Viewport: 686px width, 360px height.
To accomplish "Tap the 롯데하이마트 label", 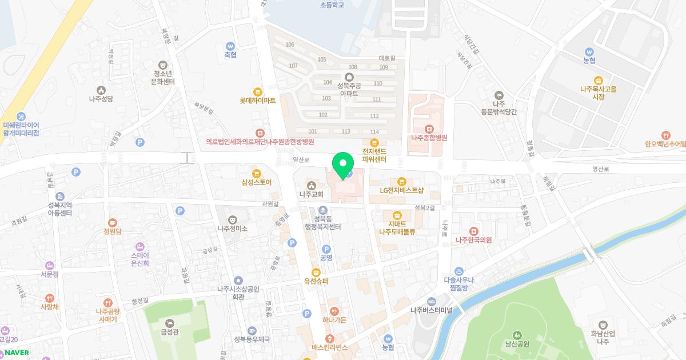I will (257, 100).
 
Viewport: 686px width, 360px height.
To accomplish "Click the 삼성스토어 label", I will (257, 182).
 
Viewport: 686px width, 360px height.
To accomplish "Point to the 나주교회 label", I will (311, 194).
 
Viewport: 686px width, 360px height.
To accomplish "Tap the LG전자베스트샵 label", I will (401, 190).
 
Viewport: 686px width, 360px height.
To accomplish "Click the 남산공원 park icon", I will (517, 335).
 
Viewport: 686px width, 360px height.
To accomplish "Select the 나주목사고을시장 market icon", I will (599, 81).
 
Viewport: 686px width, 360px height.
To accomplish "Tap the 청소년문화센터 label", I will (163, 77).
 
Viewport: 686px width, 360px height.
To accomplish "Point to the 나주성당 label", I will (101, 98).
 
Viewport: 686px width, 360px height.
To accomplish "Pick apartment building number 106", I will (290, 45).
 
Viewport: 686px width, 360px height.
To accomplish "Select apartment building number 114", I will (374, 132).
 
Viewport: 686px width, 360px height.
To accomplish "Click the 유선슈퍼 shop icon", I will (316, 272).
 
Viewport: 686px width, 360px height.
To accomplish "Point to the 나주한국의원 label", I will (473, 240).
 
